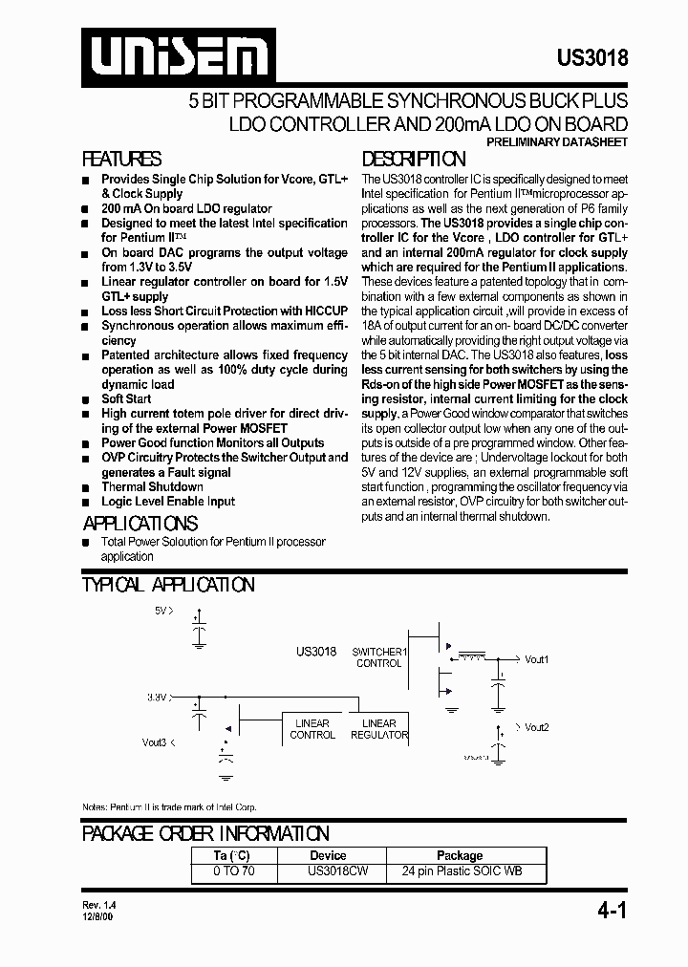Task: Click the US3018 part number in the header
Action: (592, 57)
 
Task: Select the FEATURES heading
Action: (121, 160)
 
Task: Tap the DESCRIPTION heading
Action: (414, 160)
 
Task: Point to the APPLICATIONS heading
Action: (140, 523)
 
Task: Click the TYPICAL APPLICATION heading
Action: (168, 585)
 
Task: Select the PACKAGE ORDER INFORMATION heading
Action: (205, 833)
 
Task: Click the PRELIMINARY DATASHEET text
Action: (557, 141)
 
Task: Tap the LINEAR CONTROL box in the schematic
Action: (312, 729)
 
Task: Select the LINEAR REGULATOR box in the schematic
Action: (379, 729)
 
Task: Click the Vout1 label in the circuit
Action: (536, 659)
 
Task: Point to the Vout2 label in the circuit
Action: (536, 727)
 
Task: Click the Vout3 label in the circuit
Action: (155, 741)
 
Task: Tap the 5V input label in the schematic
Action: (163, 610)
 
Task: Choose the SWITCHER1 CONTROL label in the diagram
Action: (379, 657)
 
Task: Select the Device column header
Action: (328, 855)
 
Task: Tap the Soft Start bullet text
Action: (126, 398)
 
